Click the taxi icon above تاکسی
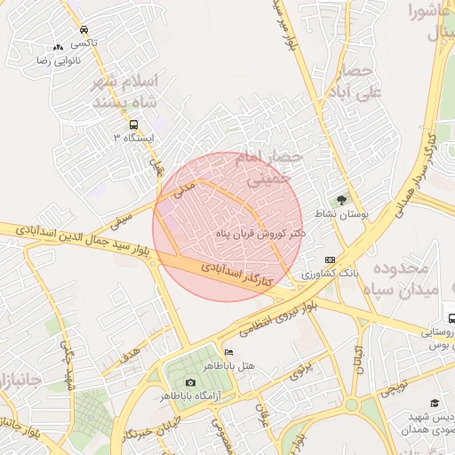tap(84, 29)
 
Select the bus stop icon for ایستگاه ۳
tap(133, 125)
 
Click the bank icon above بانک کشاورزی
tap(331, 259)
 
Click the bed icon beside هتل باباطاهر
tap(229, 352)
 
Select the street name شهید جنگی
tap(65, 366)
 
